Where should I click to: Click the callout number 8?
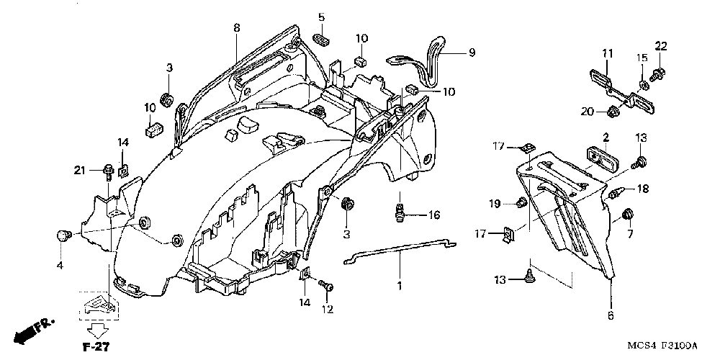(x=236, y=28)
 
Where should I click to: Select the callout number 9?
(x=472, y=52)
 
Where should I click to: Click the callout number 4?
(x=60, y=266)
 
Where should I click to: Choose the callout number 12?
(x=328, y=309)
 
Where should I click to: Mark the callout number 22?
(x=661, y=47)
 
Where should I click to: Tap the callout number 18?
(x=643, y=189)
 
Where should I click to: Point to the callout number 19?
(x=495, y=204)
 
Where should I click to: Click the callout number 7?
(x=629, y=235)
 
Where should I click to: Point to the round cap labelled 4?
(x=62, y=235)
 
